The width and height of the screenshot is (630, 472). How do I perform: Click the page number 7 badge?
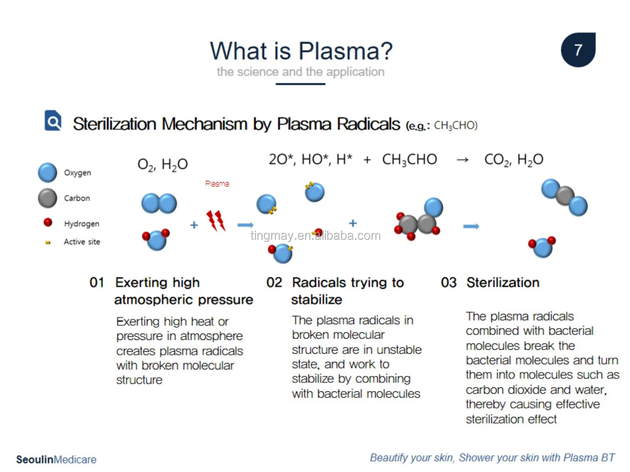coord(578,50)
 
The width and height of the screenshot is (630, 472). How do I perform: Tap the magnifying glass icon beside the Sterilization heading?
coord(53,120)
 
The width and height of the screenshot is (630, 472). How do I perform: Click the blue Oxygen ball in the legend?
coord(48,173)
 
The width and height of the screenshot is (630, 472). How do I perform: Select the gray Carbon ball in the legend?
coord(48,198)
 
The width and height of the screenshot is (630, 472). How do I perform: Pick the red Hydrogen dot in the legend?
coord(48,222)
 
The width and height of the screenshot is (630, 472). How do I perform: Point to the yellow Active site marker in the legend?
coord(48,242)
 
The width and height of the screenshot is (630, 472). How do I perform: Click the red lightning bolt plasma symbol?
coord(216,221)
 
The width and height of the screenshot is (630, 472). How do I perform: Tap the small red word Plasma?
coord(217,183)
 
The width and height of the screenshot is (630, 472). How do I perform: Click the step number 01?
coord(97,283)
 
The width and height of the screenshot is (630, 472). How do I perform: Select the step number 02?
coord(274,283)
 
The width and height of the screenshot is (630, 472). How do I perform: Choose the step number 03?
coord(448,283)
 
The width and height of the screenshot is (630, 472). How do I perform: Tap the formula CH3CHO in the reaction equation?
coord(409,159)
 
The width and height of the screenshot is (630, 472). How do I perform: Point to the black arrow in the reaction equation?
coord(462,160)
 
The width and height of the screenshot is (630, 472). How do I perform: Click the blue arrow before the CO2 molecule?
coord(471,226)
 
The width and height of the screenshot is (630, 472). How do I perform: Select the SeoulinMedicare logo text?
coord(56,460)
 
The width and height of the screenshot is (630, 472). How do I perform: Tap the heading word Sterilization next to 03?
coord(503,283)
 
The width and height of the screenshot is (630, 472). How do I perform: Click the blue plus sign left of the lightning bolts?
coord(194,225)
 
